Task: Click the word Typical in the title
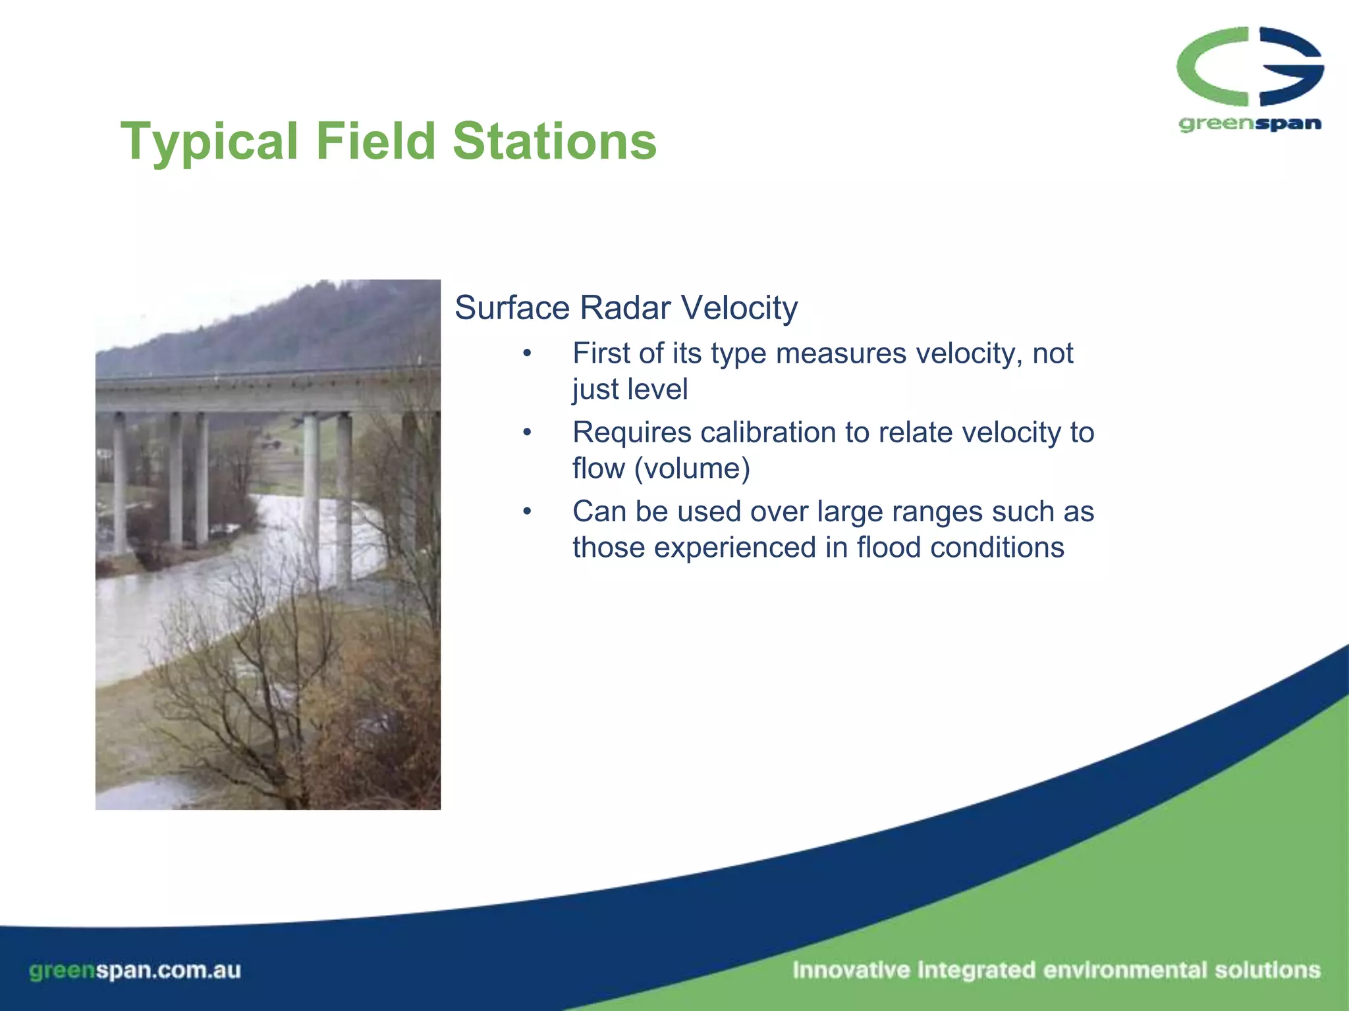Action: click(209, 142)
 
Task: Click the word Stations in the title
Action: click(555, 141)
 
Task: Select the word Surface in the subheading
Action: click(512, 308)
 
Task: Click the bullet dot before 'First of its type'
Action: click(526, 354)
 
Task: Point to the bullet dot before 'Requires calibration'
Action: click(526, 433)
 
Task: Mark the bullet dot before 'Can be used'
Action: click(526, 512)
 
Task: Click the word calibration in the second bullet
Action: click(769, 432)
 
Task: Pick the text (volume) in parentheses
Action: click(692, 469)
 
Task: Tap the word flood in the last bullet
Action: click(889, 548)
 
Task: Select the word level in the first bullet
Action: click(658, 390)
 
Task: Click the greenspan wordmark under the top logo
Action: click(1250, 124)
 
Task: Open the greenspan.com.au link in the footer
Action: click(135, 970)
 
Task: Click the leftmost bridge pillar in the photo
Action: click(120, 484)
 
